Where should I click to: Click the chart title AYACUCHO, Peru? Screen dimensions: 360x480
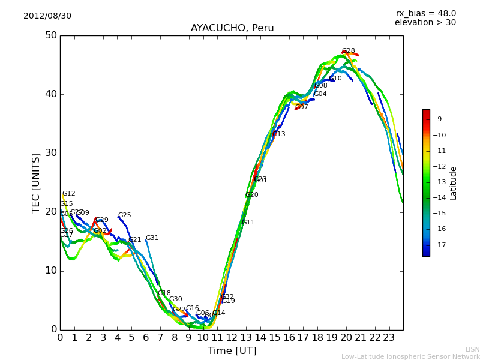232,28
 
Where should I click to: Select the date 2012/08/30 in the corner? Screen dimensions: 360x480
47,16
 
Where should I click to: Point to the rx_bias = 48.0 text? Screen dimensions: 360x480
426,13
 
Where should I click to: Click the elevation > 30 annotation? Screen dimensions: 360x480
425,23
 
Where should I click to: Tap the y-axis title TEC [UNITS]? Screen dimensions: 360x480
36,182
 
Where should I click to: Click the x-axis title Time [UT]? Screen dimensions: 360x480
232,351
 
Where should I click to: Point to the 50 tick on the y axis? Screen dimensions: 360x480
51,35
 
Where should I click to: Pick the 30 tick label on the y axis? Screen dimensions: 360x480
51,153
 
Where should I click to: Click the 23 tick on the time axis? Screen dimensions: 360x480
389,338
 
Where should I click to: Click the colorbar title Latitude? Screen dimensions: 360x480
454,182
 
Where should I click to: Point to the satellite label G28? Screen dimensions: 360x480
349,51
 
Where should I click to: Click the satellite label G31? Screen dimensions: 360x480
152,238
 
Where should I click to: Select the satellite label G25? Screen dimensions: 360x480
125,215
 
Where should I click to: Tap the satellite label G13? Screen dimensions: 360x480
279,134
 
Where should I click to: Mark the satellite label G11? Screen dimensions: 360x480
248,223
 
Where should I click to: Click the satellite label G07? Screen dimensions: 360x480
302,107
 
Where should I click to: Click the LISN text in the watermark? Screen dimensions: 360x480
473,349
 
